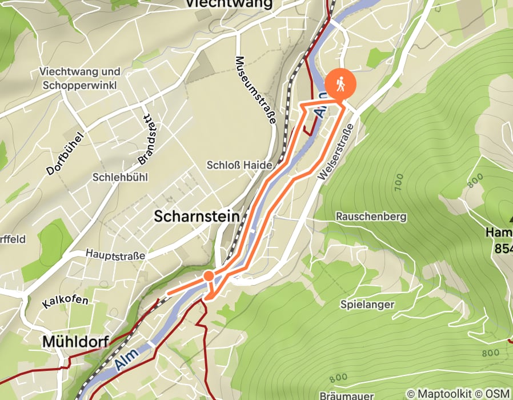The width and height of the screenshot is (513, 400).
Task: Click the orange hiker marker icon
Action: pos(340,85)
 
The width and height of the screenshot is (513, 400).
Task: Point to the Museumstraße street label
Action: pos(255,90)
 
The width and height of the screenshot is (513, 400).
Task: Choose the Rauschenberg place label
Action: pos(371,217)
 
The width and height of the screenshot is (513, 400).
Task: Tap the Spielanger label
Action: pos(367,304)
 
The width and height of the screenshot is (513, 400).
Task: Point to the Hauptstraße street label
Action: pos(116,254)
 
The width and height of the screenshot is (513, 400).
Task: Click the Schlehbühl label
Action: pos(120,178)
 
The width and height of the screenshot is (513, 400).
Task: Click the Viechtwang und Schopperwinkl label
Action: pos(80,78)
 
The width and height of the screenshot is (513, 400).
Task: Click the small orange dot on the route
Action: pos(209,277)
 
